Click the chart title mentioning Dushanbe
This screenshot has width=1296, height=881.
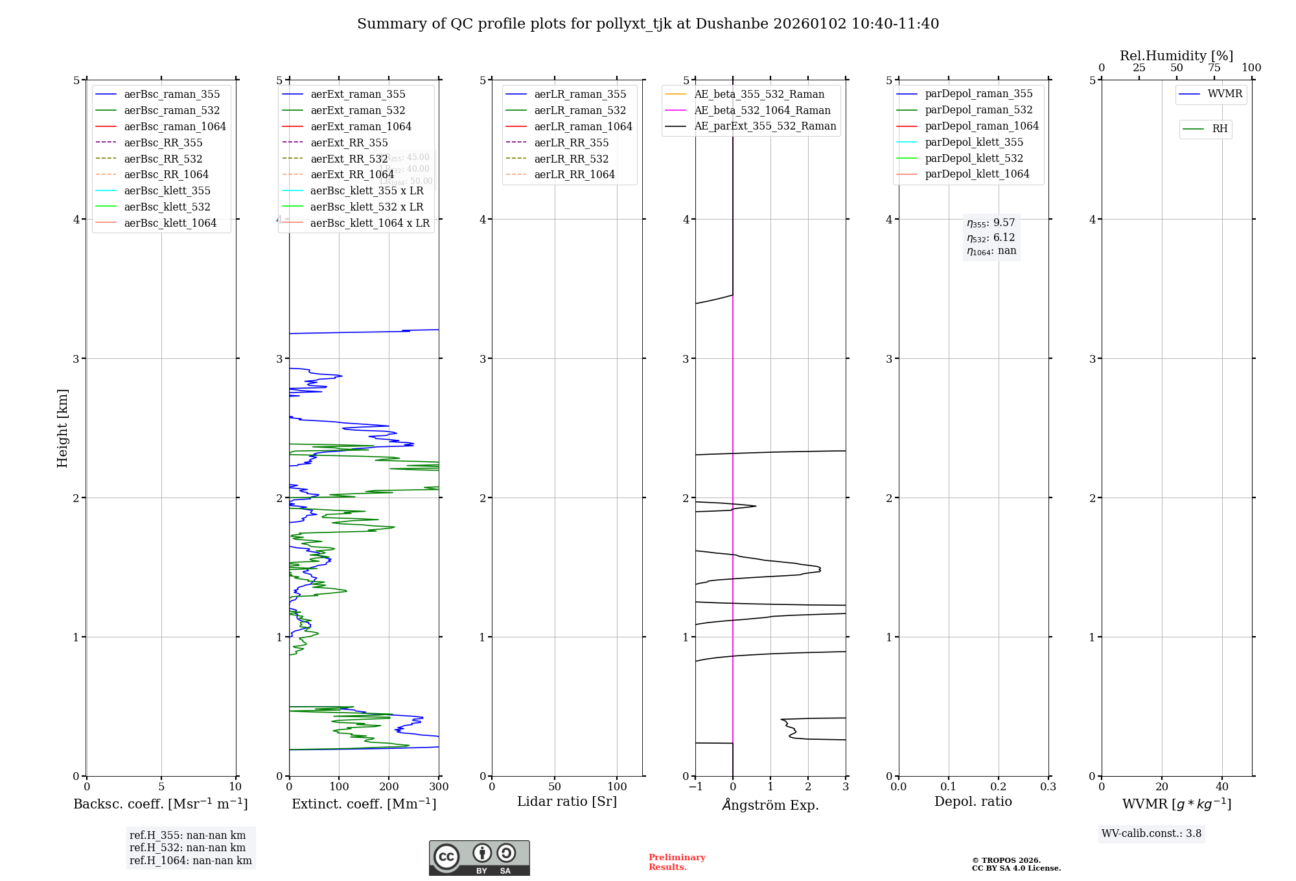click(648, 24)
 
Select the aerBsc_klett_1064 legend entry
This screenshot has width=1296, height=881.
click(170, 223)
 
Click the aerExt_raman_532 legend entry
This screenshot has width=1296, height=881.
click(358, 110)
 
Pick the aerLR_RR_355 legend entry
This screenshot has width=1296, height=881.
click(571, 143)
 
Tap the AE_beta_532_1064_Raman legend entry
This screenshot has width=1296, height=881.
click(762, 110)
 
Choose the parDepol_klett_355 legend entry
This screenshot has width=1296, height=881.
click(974, 142)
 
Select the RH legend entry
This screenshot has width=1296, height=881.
click(1220, 129)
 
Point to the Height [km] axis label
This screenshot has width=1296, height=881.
click(62, 428)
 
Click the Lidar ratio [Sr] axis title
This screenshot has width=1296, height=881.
click(567, 801)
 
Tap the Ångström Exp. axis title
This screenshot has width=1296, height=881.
click(770, 805)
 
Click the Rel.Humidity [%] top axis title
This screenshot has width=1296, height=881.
click(1176, 56)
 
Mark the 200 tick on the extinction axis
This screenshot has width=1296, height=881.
click(389, 786)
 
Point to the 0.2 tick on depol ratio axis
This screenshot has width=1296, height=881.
click(999, 786)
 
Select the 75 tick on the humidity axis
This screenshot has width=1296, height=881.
click(1214, 68)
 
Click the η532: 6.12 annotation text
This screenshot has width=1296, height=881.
click(991, 238)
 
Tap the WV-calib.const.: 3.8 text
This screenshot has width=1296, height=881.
click(1151, 834)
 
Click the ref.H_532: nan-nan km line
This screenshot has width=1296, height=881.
click(187, 847)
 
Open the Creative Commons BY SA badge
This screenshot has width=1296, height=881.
click(479, 858)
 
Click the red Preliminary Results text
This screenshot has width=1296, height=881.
click(677, 862)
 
